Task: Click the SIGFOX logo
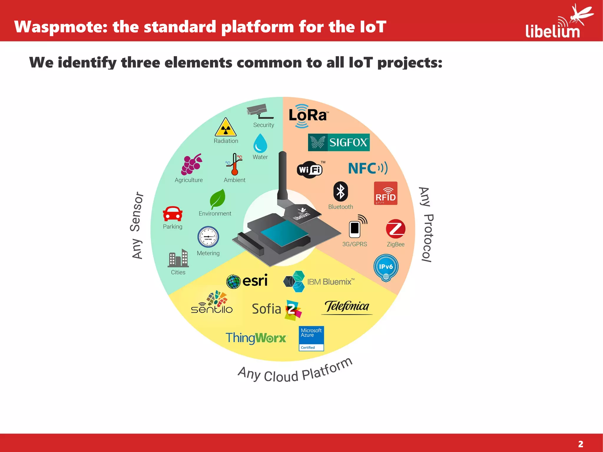coord(339,143)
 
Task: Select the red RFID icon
coord(385,193)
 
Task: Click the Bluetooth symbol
coord(340,192)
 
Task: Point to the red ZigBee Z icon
coord(395,229)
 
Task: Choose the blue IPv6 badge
coord(386,267)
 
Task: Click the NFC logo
coord(367,168)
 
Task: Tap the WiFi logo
coord(310,170)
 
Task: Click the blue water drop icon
coord(260,143)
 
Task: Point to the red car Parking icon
coord(173,214)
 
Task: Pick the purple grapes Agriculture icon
coord(191,164)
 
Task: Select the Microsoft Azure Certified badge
coord(311,338)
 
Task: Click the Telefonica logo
coord(347,307)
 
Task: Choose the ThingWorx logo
coord(256,338)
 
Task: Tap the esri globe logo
coord(233,282)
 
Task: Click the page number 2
coord(580,444)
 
